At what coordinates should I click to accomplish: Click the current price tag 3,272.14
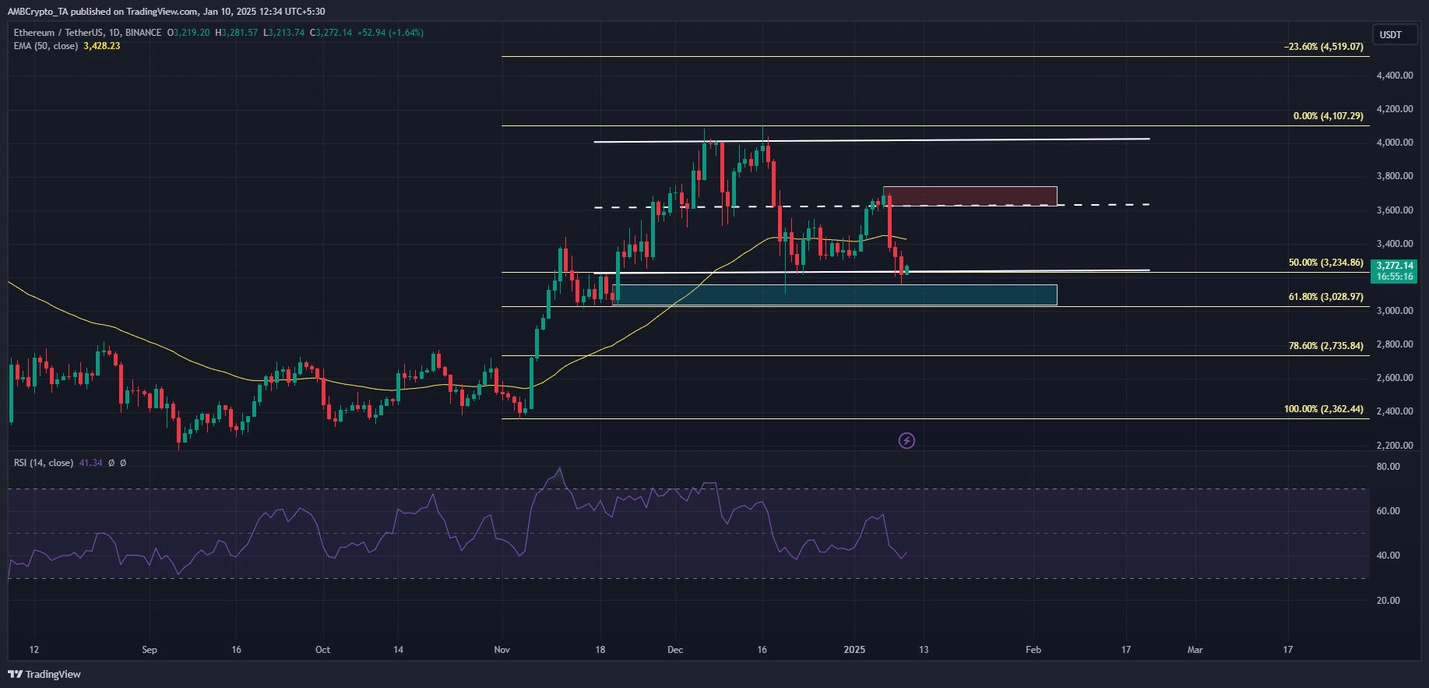pos(1394,266)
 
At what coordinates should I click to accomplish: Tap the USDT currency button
pos(1391,35)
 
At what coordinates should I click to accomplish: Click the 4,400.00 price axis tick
pos(1395,76)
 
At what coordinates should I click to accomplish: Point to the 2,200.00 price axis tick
pos(1395,446)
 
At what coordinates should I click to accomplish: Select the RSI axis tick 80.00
pos(1388,467)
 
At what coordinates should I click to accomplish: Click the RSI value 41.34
pos(90,463)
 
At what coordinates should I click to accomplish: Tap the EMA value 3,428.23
pos(101,46)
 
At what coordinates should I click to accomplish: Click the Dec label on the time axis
pos(675,650)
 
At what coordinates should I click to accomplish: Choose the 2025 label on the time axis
pos(854,650)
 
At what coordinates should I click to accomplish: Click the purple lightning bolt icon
pos(906,441)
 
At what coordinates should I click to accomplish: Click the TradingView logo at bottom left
pos(45,674)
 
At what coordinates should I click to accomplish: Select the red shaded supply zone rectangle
pos(970,196)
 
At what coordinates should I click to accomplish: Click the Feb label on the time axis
pos(1033,650)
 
